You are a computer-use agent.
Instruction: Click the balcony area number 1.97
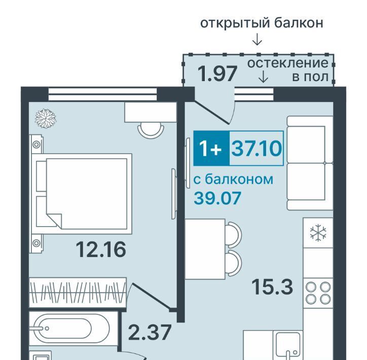[x=217, y=74]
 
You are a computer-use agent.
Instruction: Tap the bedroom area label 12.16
[x=101, y=249]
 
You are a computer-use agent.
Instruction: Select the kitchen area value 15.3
[x=272, y=287]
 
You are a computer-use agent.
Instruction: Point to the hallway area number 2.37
[x=150, y=333]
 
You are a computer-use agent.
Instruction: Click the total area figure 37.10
[x=256, y=148]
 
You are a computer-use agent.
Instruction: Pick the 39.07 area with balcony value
[x=217, y=198]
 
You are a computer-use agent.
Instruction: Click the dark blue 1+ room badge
[x=211, y=148]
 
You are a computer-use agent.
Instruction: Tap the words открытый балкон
[x=262, y=23]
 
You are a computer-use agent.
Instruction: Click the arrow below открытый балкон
[x=257, y=40]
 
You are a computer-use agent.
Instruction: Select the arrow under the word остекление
[x=264, y=77]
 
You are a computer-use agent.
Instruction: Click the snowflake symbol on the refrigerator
[x=318, y=233]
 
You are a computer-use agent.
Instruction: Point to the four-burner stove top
[x=318, y=293]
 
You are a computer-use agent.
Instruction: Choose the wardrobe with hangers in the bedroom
[x=78, y=293]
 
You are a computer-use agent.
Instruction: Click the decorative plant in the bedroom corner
[x=46, y=119]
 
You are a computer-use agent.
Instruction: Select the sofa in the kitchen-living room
[x=310, y=163]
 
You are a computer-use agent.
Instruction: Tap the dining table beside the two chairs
[x=205, y=249]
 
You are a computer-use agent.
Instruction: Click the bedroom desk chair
[x=151, y=130]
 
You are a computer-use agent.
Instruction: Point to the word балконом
[x=239, y=179]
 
